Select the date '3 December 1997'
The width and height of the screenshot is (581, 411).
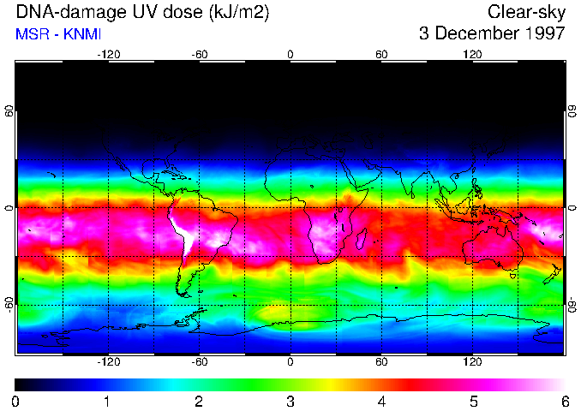pyautogui.click(x=492, y=34)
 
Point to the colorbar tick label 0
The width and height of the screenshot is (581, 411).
pyautogui.click(x=15, y=401)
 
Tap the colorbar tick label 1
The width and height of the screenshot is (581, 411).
pyautogui.click(x=107, y=401)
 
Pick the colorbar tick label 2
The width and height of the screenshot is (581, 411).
pyautogui.click(x=198, y=401)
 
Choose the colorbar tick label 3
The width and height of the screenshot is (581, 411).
pyautogui.click(x=290, y=401)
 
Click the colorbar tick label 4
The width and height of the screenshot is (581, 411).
pyautogui.click(x=381, y=401)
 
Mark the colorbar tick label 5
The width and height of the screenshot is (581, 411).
pyautogui.click(x=473, y=401)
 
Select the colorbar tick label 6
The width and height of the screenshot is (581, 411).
pyautogui.click(x=564, y=401)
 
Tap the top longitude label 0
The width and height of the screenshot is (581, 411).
pyautogui.click(x=290, y=55)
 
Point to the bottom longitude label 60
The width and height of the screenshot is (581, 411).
pyautogui.click(x=381, y=362)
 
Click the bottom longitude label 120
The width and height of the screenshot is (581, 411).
pyautogui.click(x=473, y=362)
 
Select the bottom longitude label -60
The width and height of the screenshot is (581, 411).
pyautogui.click(x=199, y=362)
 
